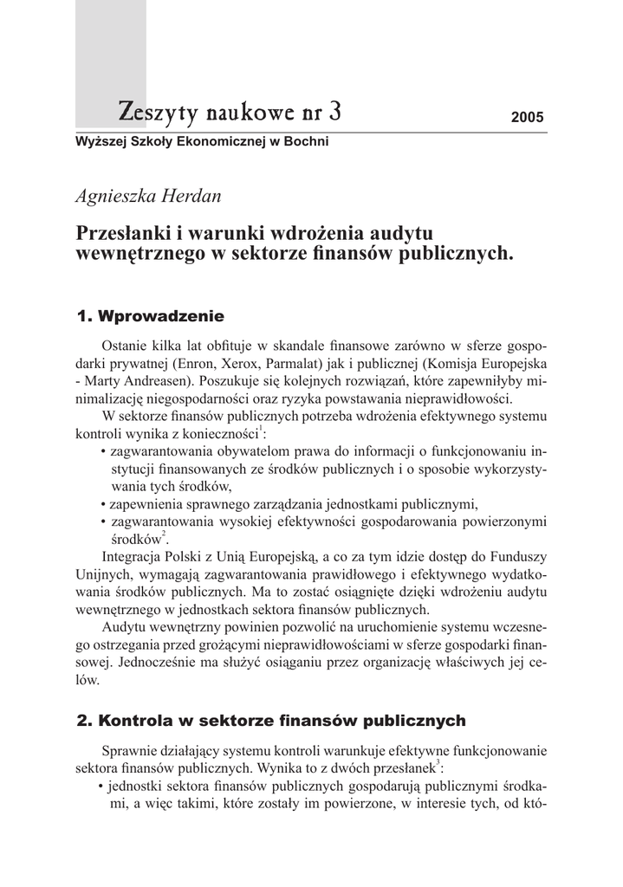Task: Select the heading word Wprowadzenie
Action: click(162, 314)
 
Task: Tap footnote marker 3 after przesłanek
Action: click(439, 763)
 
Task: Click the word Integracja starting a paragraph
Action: click(136, 556)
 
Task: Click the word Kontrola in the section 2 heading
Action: click(137, 720)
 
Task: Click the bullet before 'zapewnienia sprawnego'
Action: click(103, 504)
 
